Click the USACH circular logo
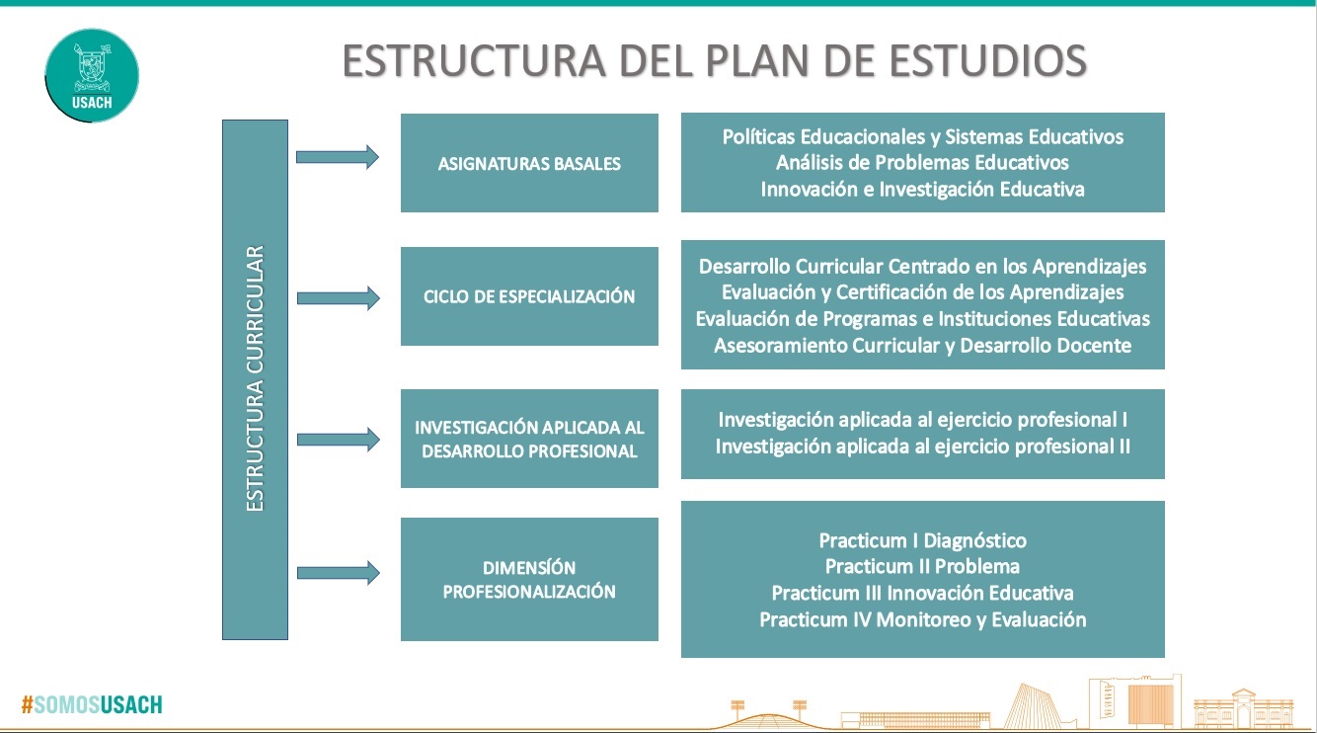click(92, 75)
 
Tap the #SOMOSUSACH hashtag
click(92, 704)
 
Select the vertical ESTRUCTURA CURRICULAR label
click(255, 379)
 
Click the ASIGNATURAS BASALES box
click(529, 163)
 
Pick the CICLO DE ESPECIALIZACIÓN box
click(529, 296)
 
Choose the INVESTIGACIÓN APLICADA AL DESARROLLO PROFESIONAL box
click(529, 439)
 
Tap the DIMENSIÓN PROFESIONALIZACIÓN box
click(529, 579)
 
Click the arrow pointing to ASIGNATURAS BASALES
click(338, 157)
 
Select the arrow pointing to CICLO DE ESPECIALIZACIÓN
click(338, 298)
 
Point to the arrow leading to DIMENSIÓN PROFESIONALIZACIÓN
click(338, 573)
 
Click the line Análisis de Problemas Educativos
click(922, 163)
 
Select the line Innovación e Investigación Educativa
click(922, 190)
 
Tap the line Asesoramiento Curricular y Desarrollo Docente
click(922, 346)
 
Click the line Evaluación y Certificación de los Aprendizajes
click(922, 292)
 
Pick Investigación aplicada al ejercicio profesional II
click(922, 447)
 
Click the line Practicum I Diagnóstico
click(922, 540)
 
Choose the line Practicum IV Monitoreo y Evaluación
click(922, 619)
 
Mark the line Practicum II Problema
click(922, 566)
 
